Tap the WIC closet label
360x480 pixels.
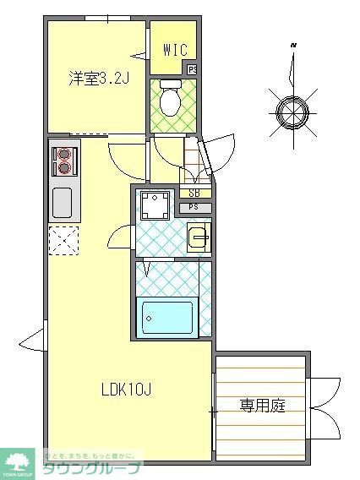(x=174, y=51)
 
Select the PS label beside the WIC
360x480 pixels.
(x=192, y=70)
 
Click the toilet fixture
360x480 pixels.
(x=169, y=100)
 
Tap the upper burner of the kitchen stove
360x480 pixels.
(x=64, y=154)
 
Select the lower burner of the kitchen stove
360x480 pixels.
(x=64, y=167)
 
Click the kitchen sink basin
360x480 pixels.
(x=63, y=203)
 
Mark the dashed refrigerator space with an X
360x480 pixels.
(x=63, y=240)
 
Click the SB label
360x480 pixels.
(x=194, y=194)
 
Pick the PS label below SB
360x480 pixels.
(x=194, y=207)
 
